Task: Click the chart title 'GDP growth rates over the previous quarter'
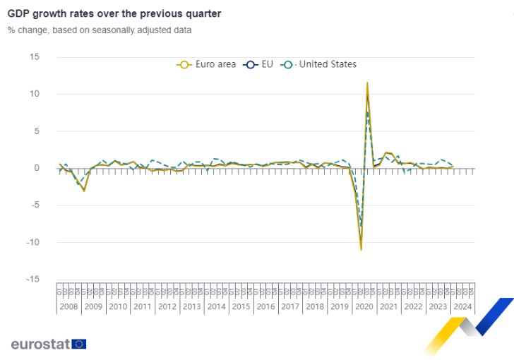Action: coord(114,13)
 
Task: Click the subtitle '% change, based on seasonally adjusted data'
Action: coord(100,30)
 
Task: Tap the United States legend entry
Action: coord(319,64)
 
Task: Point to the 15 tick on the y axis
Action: coord(35,57)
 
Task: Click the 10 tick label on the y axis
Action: coord(35,94)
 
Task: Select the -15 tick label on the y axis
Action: coord(33,280)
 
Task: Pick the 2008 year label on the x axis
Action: coord(68,306)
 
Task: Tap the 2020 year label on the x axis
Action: coord(364,306)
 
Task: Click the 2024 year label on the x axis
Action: coord(462,306)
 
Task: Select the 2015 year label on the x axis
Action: coord(241,306)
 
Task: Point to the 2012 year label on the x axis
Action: coord(167,306)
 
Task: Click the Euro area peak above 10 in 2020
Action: coord(367,83)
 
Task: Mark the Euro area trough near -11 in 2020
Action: coord(361,249)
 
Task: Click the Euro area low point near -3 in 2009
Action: coord(84,191)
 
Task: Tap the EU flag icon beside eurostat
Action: coord(79,344)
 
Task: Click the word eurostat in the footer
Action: coord(40,344)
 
